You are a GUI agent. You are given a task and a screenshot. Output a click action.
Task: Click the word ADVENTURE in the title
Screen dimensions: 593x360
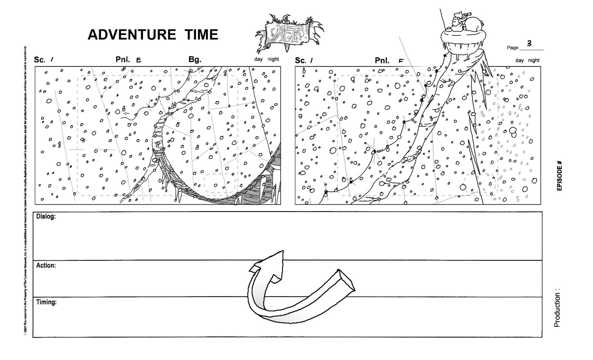(132, 35)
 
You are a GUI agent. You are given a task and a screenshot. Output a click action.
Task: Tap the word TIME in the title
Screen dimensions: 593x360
(201, 35)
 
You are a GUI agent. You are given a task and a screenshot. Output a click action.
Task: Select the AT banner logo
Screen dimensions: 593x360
(288, 33)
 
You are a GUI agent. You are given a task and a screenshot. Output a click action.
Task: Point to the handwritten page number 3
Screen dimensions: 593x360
(529, 43)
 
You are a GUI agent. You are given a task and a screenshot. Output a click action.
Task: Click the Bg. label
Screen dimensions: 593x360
(195, 59)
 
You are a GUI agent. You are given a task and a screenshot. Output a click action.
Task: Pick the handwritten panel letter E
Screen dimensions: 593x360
(139, 60)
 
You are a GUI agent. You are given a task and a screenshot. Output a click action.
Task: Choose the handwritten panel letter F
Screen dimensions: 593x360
(401, 61)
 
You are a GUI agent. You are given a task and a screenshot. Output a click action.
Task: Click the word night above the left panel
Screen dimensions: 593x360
(273, 59)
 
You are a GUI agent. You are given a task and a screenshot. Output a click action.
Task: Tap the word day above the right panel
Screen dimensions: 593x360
(519, 61)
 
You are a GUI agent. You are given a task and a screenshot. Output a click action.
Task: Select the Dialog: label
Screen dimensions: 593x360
(46, 216)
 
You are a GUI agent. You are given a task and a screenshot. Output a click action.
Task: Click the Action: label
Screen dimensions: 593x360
(46, 265)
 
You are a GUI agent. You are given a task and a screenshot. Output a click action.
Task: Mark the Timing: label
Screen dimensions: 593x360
(46, 302)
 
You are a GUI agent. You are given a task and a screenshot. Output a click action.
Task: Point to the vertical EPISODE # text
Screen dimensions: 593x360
(559, 176)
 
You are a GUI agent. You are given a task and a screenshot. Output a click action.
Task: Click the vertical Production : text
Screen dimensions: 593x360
(557, 308)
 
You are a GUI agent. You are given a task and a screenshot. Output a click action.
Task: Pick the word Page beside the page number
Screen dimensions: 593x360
(512, 48)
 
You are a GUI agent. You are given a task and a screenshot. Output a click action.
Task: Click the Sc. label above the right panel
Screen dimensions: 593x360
(300, 61)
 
